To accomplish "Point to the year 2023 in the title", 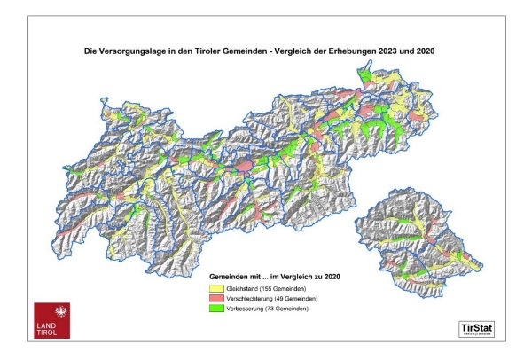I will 394,51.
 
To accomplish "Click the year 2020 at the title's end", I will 432,51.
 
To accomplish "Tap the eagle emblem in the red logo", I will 51,313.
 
